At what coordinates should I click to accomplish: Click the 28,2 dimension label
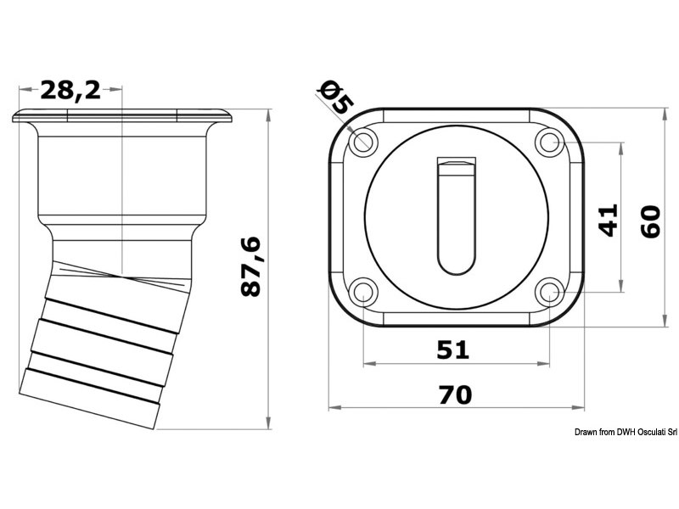pos(70,90)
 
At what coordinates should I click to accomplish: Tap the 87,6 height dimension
pos(251,266)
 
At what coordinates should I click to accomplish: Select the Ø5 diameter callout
pos(336,98)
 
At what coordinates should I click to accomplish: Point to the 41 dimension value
pos(608,220)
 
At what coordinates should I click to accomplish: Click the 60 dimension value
pos(650,221)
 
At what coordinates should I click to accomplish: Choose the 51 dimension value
pos(453,350)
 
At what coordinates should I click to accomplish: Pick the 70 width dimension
pos(456,394)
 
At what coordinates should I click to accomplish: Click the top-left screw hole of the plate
pos(363,142)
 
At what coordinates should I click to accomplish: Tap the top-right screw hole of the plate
pos(549,142)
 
